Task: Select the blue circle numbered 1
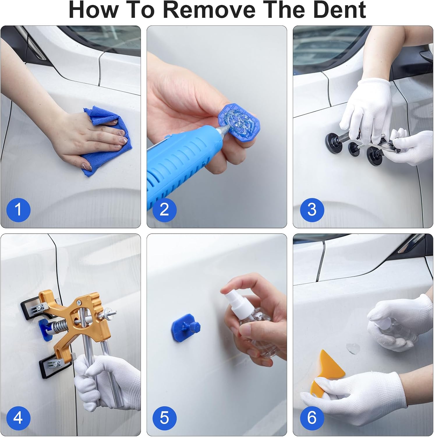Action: pos(18,209)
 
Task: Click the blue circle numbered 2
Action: pos(164,209)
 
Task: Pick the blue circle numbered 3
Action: pos(312,209)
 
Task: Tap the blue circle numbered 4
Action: pos(18,418)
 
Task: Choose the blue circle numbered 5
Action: pos(164,418)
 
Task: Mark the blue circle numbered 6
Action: pos(312,418)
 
